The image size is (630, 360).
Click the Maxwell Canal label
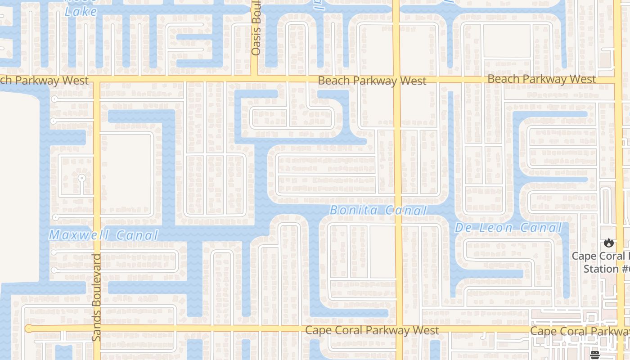[x=103, y=235]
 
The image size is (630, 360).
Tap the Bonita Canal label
[x=378, y=210]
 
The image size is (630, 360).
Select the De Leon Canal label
[x=508, y=228]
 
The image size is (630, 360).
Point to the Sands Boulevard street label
[x=97, y=297]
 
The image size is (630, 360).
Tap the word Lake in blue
[x=81, y=12]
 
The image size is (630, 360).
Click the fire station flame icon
[x=609, y=243]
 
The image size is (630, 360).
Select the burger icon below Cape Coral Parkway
[x=595, y=355]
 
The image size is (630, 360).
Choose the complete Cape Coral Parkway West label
[x=372, y=330]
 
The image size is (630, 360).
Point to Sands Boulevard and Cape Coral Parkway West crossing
[x=96, y=328]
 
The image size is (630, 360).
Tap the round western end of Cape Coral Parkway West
[x=28, y=328]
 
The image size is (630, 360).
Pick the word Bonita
[x=352, y=210]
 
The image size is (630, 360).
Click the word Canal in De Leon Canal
[x=542, y=228]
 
